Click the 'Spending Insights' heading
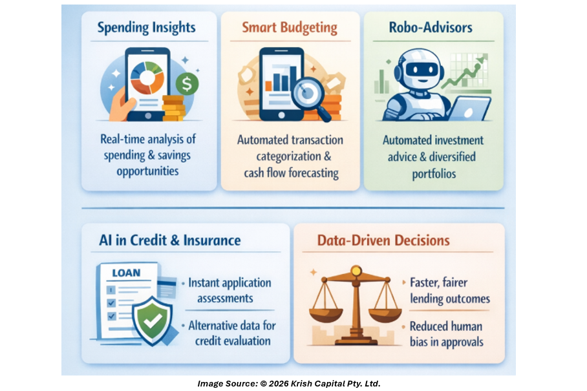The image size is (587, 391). click(147, 28)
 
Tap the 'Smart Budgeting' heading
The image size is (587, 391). click(290, 28)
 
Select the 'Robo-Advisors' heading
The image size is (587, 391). click(432, 28)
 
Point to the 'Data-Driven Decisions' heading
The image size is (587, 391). click(383, 240)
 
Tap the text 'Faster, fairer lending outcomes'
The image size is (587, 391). click(449, 291)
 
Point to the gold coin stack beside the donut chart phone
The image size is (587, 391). click(174, 108)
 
